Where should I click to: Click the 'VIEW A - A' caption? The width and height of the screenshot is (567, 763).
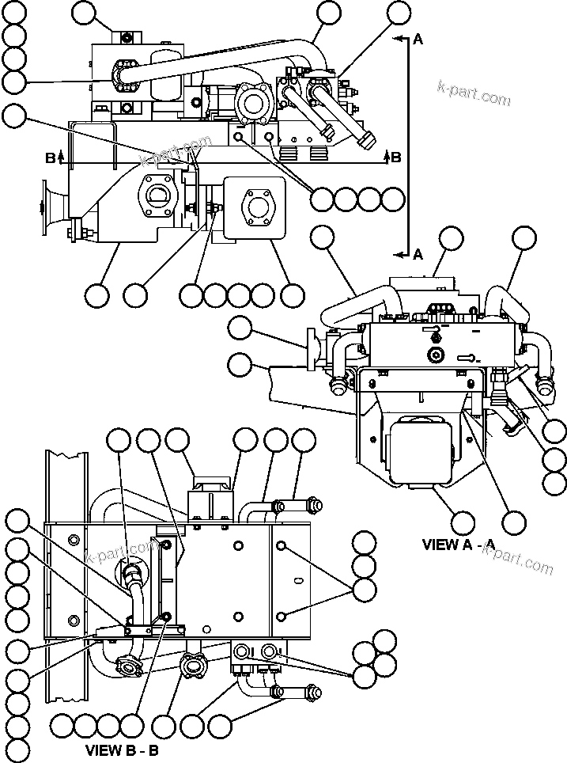(459, 545)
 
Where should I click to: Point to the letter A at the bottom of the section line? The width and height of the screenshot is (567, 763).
(418, 253)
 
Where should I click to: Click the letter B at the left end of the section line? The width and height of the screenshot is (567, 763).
(50, 158)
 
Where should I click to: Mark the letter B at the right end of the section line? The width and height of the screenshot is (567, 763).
(396, 157)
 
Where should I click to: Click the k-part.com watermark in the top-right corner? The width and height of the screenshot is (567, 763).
(474, 93)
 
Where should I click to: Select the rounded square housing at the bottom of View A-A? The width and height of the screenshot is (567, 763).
(420, 451)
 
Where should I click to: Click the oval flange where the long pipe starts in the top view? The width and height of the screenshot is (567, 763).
(127, 78)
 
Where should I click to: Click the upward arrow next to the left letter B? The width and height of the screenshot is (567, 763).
(61, 158)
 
